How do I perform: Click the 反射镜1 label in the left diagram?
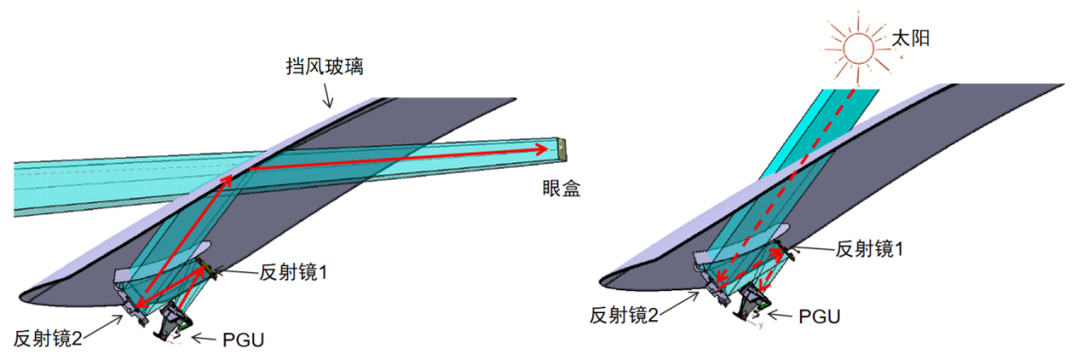[297, 271]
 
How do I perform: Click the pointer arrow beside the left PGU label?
[204, 338]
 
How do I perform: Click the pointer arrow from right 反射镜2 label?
[687, 300]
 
